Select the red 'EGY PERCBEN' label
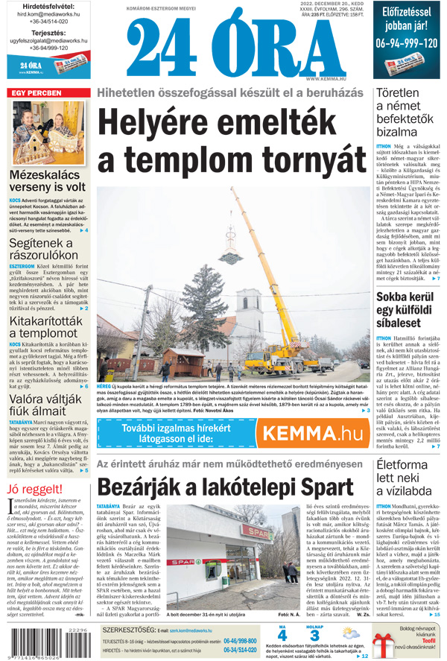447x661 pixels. click(37, 93)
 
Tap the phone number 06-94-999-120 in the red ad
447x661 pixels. click(407, 43)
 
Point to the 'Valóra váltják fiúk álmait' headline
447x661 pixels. click(48, 405)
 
